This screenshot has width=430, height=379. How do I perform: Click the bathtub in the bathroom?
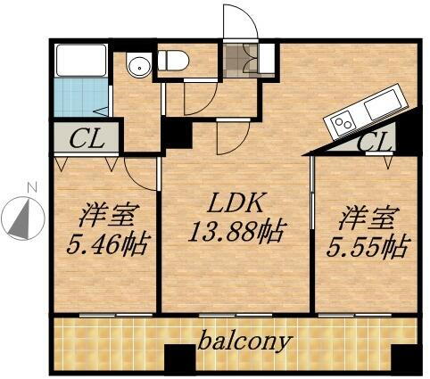tap(81, 62)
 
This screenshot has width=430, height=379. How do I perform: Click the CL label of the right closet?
tap(374, 141)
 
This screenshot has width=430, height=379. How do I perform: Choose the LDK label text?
tap(234, 203)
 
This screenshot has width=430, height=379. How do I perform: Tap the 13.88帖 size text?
tap(236, 234)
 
